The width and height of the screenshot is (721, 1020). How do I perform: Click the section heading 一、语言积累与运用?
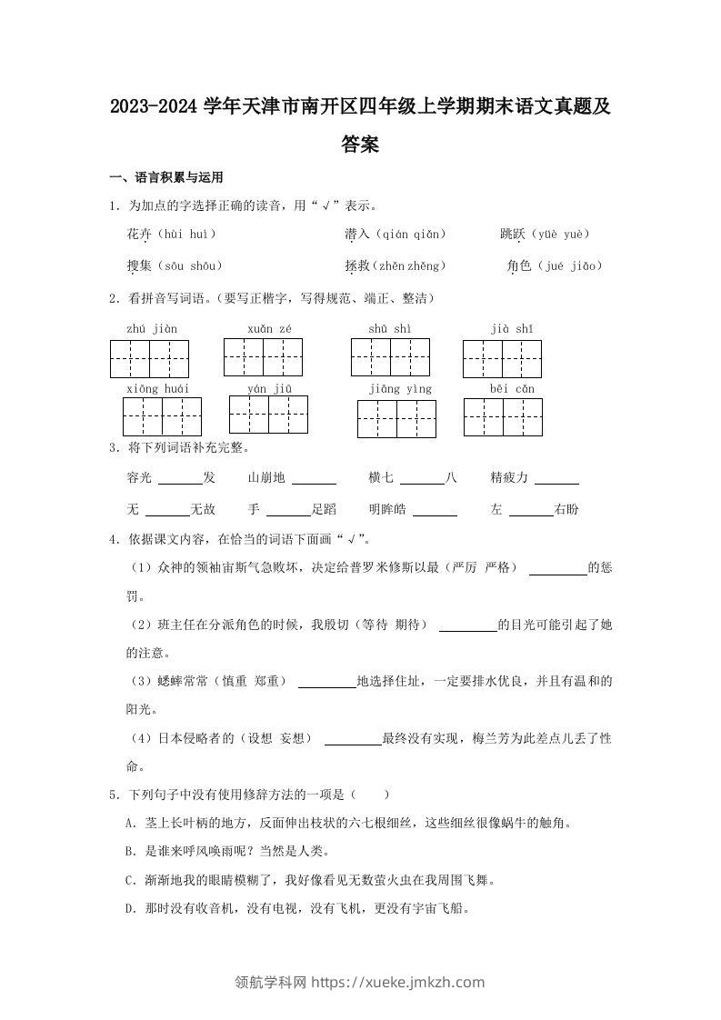(166, 177)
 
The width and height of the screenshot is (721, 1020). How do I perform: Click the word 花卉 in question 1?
(139, 235)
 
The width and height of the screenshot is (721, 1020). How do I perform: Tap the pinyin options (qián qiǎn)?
(410, 235)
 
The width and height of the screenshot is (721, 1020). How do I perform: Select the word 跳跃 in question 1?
(512, 235)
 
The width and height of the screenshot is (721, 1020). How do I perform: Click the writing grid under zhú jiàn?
(149, 358)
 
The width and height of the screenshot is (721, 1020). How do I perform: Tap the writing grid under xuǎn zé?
(263, 356)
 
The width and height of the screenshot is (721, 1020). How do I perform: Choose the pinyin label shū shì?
(390, 328)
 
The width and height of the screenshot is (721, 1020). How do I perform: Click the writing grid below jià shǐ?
(502, 358)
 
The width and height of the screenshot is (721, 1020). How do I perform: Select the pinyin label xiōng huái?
(157, 389)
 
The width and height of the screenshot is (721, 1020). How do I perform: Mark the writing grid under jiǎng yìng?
(396, 419)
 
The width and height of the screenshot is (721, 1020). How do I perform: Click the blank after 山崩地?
(315, 478)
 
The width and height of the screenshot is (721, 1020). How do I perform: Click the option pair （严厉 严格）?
(485, 568)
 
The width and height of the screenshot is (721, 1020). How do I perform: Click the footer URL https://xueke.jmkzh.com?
(398, 982)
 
